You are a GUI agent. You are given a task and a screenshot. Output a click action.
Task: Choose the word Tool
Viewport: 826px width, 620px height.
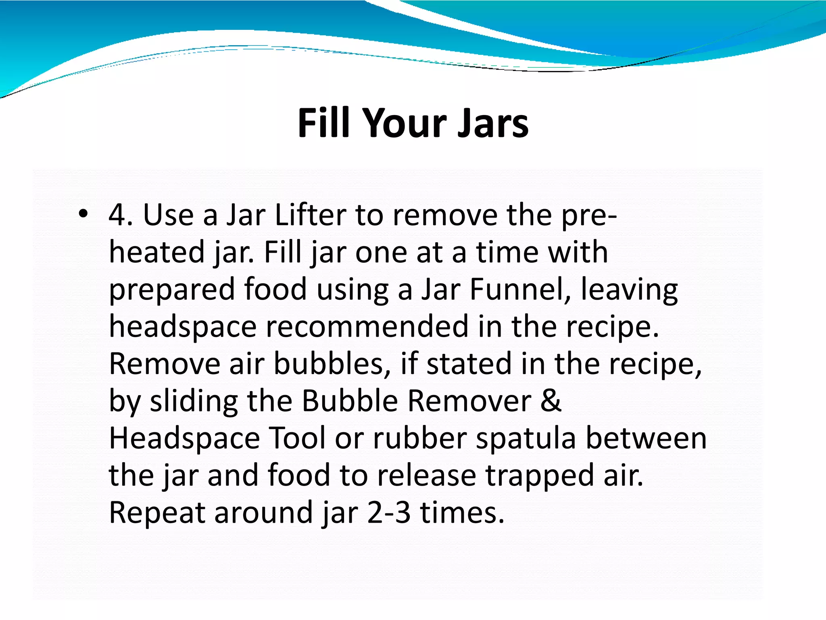297,438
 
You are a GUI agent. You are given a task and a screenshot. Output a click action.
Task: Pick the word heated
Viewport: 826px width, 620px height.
157,252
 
